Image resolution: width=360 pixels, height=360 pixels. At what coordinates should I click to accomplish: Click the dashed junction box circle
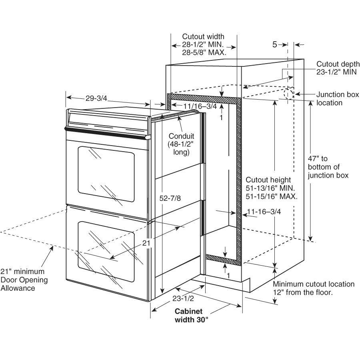pos(288,94)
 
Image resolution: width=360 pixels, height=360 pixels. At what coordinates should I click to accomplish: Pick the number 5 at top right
pos(275,45)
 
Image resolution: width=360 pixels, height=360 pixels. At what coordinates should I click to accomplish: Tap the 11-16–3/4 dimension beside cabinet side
pos(264,212)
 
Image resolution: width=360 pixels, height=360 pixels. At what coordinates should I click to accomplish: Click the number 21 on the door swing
pos(146,243)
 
